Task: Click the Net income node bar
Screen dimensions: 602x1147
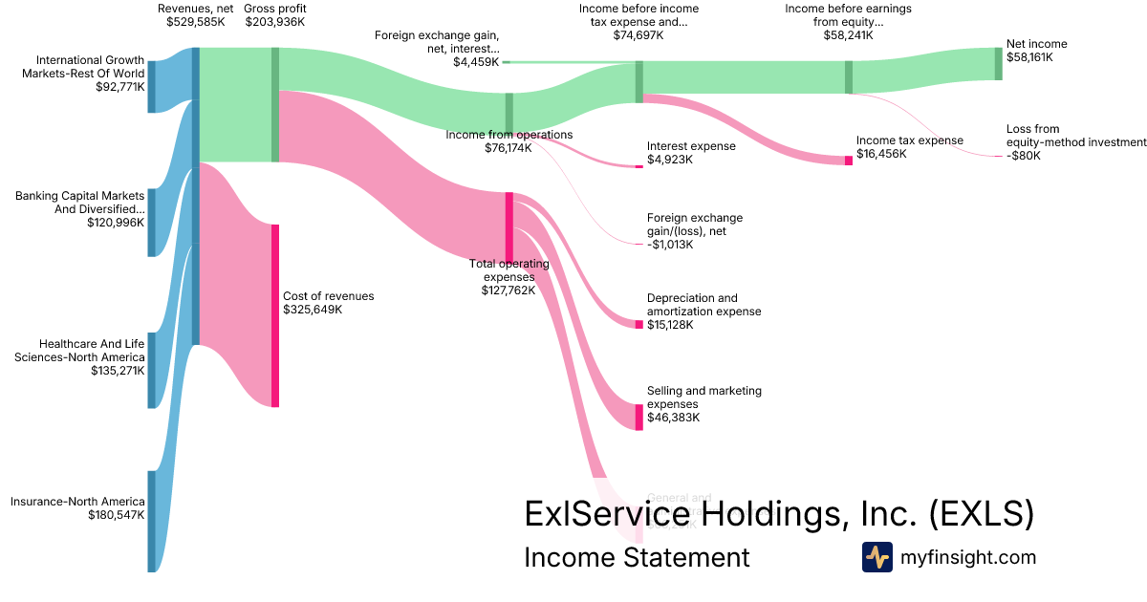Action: [x=999, y=63]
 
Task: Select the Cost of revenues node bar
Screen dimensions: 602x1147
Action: [x=275, y=315]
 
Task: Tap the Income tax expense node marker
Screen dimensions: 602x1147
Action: [x=848, y=161]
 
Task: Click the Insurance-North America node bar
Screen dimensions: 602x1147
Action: [x=151, y=521]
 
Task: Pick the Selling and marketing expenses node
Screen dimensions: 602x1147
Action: [x=639, y=417]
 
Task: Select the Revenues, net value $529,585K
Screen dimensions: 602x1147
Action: [x=195, y=22]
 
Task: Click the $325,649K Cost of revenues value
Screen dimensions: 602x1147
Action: [x=313, y=310]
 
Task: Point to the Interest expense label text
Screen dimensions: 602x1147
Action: [x=691, y=146]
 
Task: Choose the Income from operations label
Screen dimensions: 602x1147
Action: [x=509, y=135]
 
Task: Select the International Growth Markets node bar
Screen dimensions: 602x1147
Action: [x=151, y=86]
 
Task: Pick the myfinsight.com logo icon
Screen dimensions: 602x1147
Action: [x=876, y=557]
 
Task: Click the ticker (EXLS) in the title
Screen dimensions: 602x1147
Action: [x=982, y=514]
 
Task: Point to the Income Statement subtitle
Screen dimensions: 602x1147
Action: [x=637, y=557]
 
